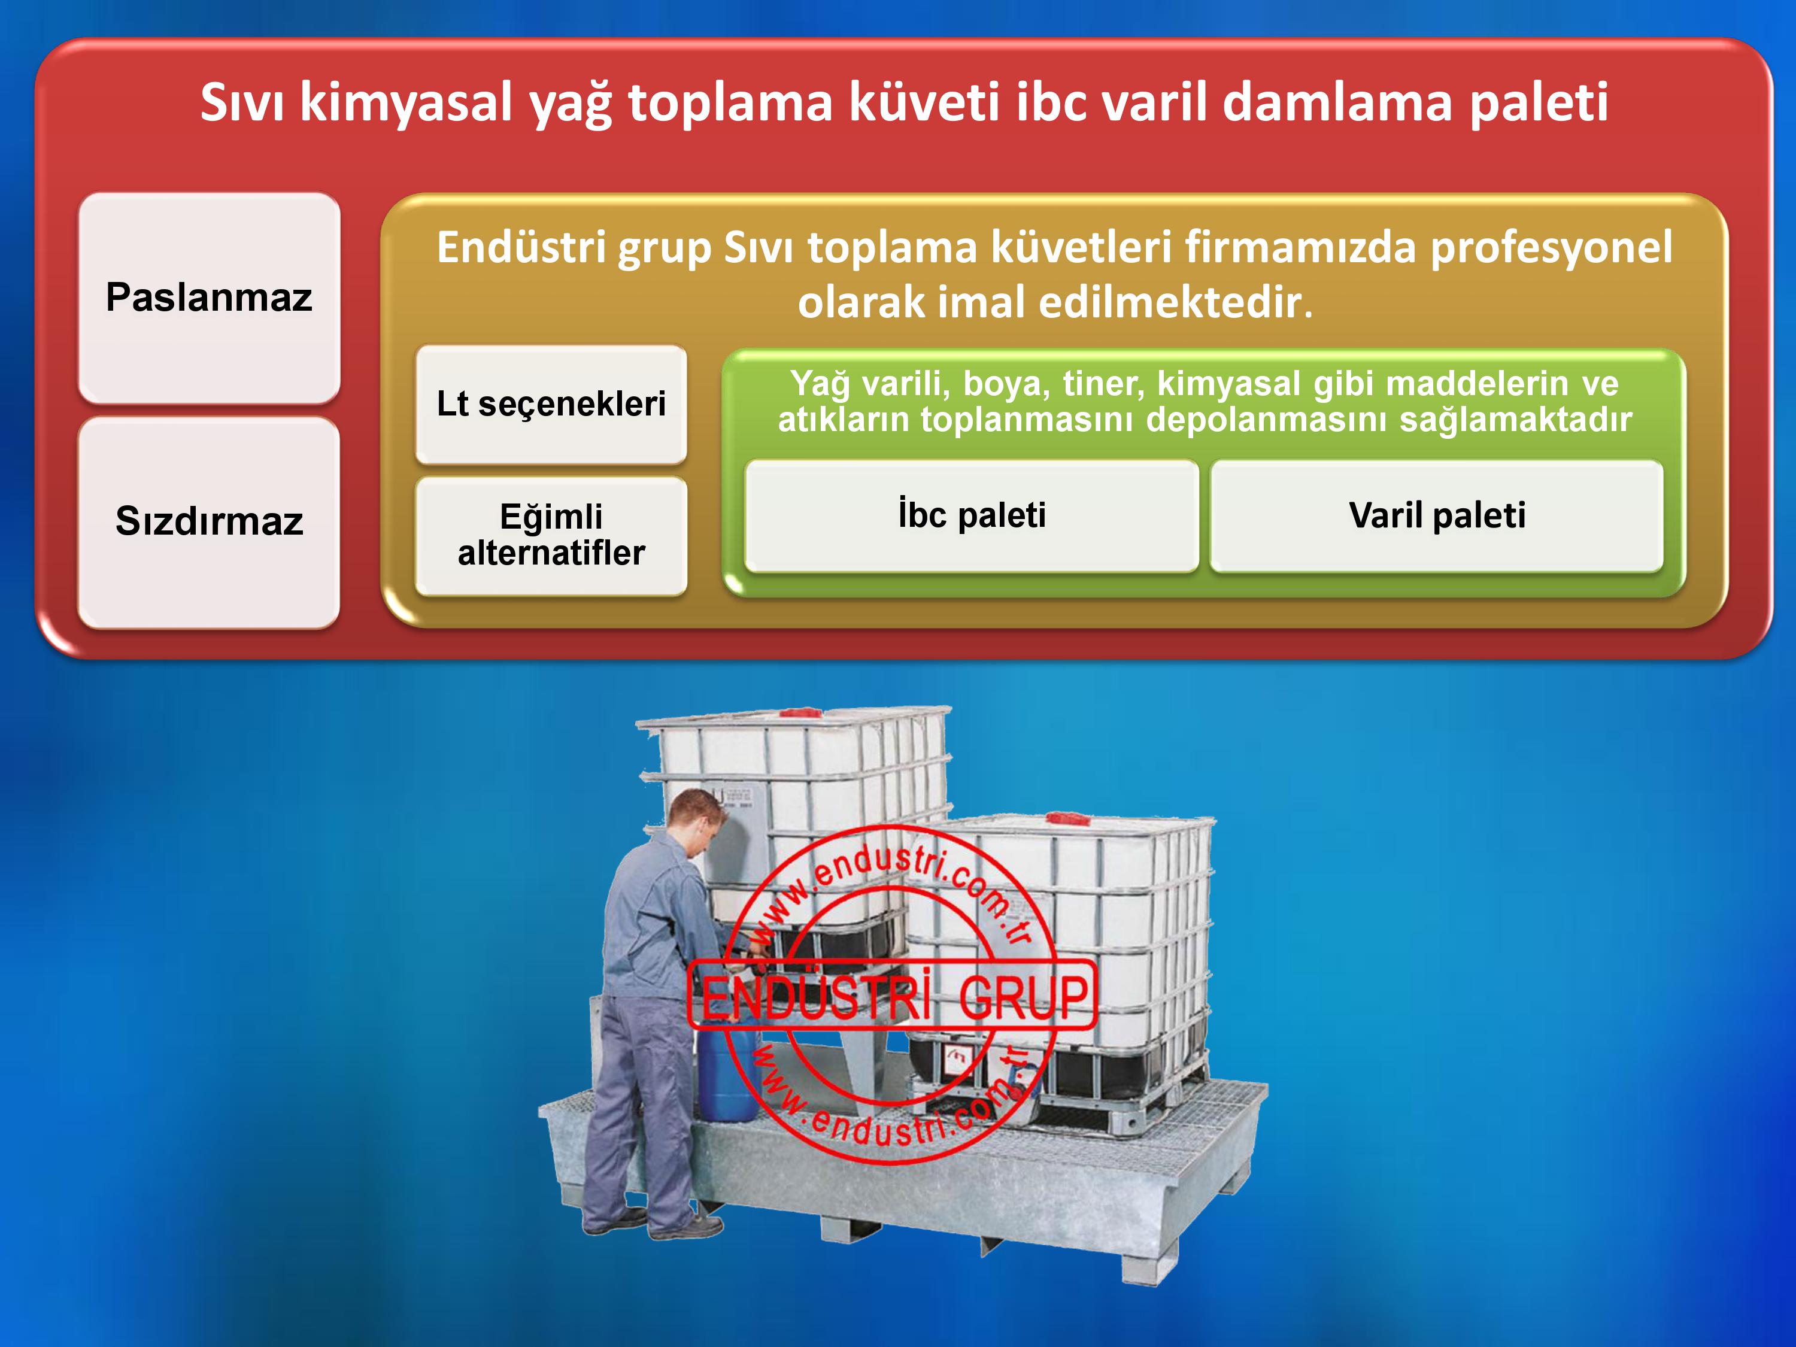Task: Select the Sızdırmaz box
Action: [x=209, y=522]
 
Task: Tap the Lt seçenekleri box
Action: [x=551, y=404]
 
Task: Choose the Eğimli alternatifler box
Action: [x=551, y=536]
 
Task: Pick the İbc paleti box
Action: [x=972, y=515]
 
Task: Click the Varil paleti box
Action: [x=1437, y=515]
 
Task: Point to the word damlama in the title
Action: [x=1336, y=102]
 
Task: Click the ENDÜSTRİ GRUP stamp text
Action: [x=893, y=996]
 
